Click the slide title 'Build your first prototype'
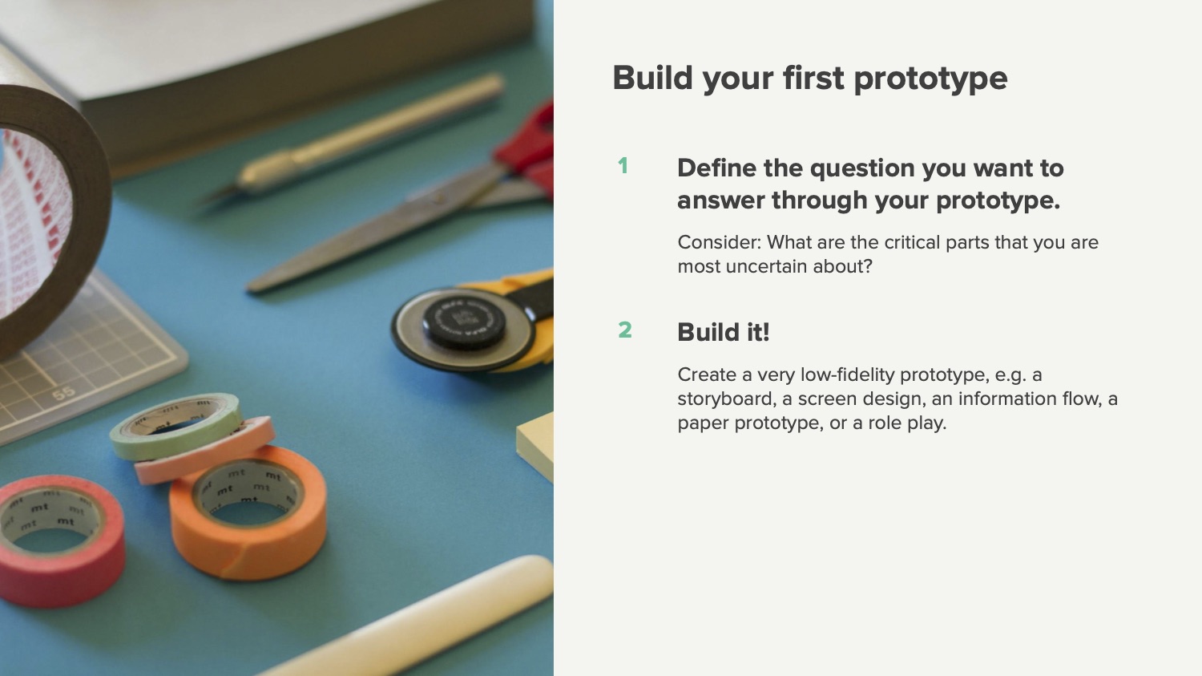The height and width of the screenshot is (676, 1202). point(809,79)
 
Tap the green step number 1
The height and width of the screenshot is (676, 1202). point(623,166)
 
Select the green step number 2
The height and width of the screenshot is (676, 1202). point(624,330)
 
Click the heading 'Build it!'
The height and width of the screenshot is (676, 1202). point(724,332)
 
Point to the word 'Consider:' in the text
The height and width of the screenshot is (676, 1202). point(720,243)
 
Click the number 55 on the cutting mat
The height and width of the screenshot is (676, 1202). point(64,394)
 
